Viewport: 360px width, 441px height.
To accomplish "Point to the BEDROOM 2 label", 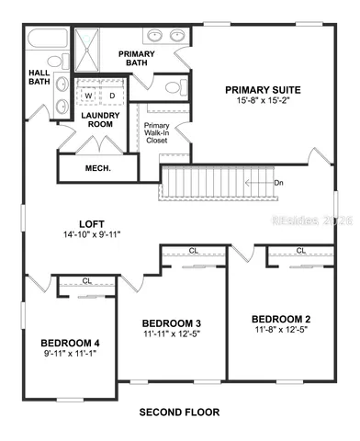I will point(281,319).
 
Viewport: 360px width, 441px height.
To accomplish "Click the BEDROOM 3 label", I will point(172,322).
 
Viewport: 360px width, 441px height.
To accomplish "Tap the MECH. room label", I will point(97,168).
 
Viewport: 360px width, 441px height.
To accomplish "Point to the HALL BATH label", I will point(39,77).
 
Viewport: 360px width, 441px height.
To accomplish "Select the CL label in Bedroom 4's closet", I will point(86,281).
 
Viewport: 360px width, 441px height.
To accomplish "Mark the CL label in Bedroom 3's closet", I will point(194,250).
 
